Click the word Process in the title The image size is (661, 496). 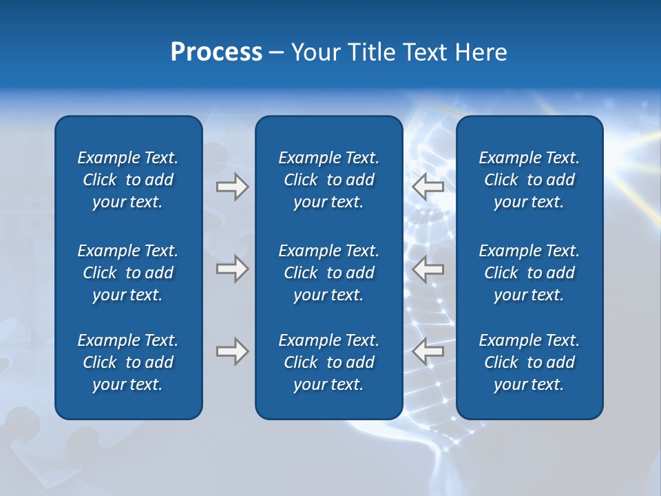tap(216, 52)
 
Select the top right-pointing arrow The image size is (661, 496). tap(232, 187)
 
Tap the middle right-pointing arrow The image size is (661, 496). tap(232, 269)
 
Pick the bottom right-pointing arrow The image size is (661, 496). tap(232, 351)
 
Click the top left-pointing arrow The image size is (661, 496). tap(428, 187)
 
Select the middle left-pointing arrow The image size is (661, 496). tap(428, 269)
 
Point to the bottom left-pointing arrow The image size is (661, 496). tap(428, 351)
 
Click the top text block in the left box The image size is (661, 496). tap(128, 180)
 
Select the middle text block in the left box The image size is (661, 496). tap(128, 273)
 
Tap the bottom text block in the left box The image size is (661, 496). tap(128, 362)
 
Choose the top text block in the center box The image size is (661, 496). tap(328, 180)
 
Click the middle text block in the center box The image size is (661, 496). tap(328, 273)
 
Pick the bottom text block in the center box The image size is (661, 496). tap(328, 362)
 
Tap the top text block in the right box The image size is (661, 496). tap(529, 180)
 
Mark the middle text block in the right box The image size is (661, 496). tap(529, 273)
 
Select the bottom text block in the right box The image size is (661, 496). tap(529, 362)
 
